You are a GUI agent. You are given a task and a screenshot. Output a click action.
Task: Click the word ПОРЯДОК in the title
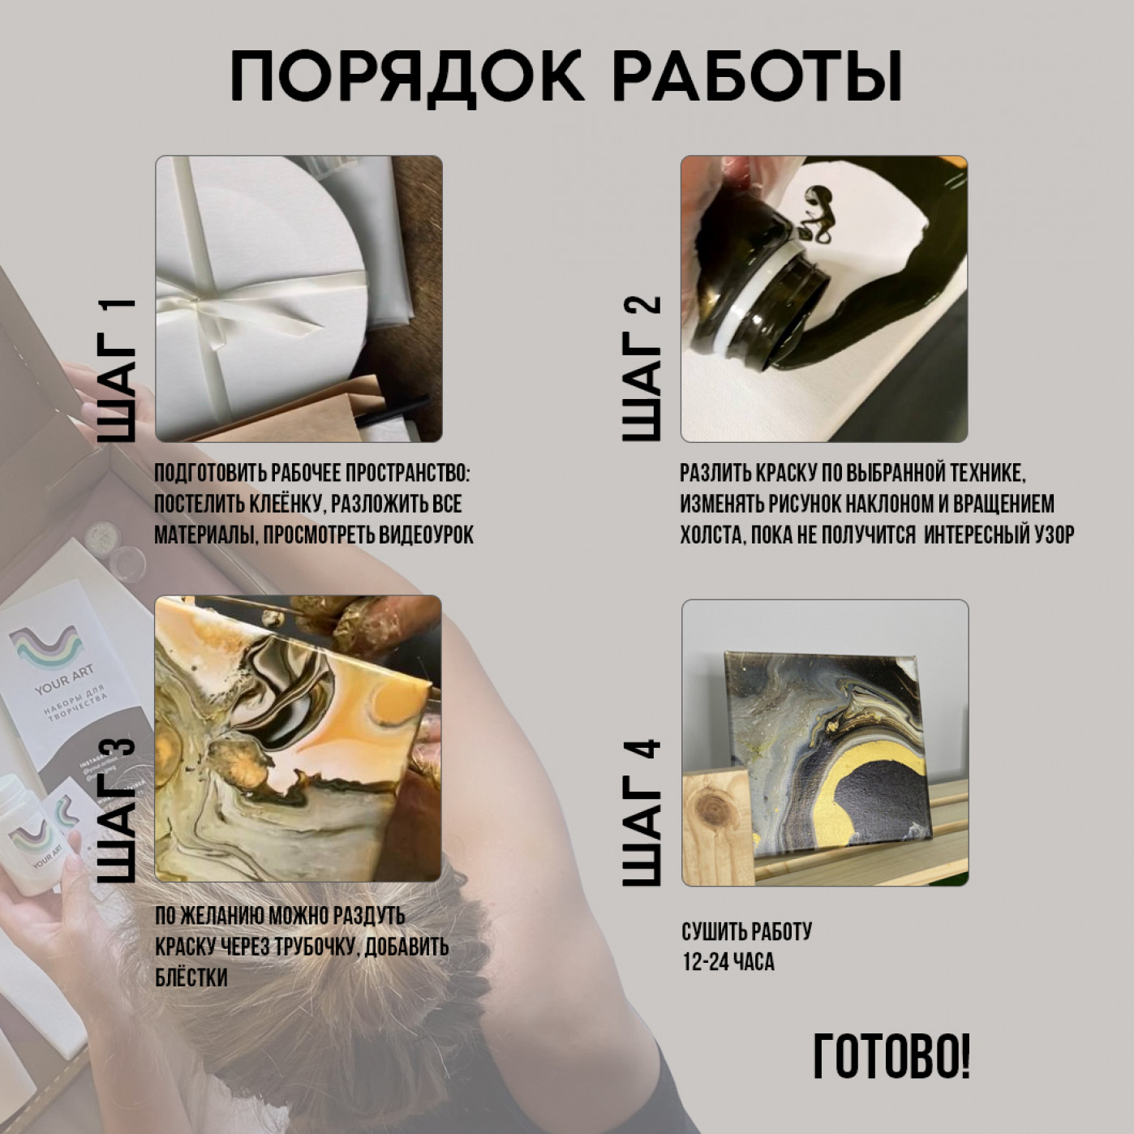pyautogui.click(x=406, y=78)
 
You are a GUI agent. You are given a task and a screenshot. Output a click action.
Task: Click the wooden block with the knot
pyautogui.click(x=718, y=827)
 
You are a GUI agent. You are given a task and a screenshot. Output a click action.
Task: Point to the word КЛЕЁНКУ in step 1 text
pyautogui.click(x=280, y=505)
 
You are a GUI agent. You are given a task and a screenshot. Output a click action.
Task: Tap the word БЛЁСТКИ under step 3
pyautogui.click(x=191, y=977)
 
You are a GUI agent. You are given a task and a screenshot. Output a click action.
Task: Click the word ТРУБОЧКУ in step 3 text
pyautogui.click(x=304, y=947)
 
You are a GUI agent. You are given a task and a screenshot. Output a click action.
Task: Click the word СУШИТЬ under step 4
pyautogui.click(x=713, y=932)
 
